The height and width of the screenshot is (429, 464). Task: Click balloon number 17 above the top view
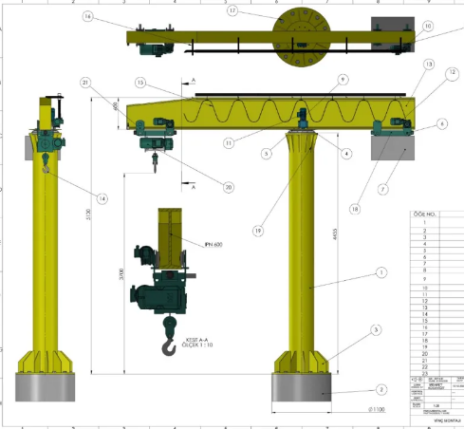point(232,11)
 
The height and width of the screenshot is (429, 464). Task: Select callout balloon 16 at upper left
point(87,16)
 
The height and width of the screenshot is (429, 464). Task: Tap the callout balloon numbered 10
point(427,27)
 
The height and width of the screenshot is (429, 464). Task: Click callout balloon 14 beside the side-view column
point(102,198)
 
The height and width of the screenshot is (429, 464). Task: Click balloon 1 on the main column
point(381,271)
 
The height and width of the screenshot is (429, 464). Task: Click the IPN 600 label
point(213,244)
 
